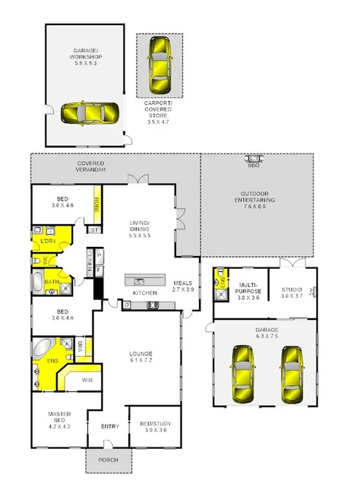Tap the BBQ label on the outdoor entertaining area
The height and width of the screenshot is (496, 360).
(253, 164)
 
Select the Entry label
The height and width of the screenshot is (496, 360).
(110, 426)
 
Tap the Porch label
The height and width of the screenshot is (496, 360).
(109, 460)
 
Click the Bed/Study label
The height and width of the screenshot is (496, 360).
(155, 425)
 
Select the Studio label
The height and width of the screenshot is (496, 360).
(292, 292)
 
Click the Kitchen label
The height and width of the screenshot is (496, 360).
(144, 292)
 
